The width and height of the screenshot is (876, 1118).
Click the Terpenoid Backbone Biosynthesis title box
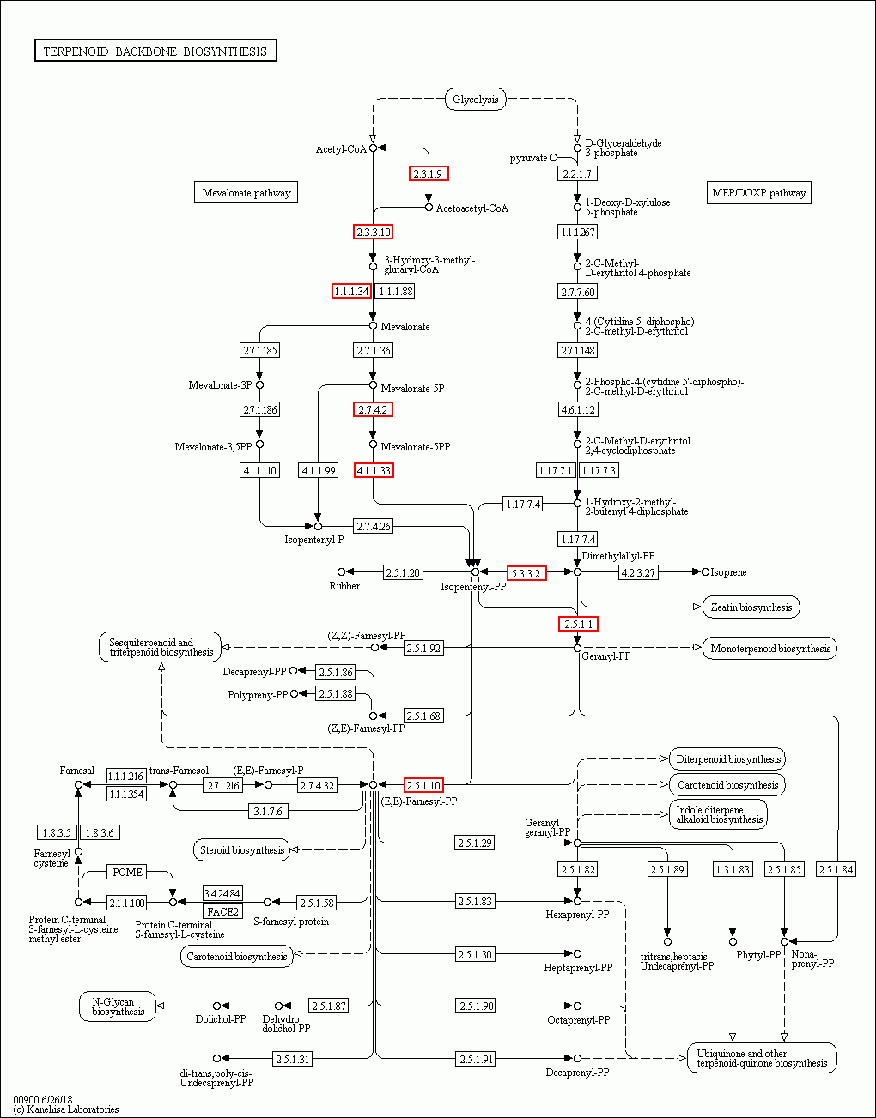click(x=155, y=51)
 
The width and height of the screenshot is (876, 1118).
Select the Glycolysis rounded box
click(x=475, y=100)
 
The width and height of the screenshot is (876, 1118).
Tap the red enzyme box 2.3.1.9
click(x=428, y=174)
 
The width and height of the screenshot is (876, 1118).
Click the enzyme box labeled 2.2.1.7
click(x=576, y=174)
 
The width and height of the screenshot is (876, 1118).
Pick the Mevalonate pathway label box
click(x=246, y=193)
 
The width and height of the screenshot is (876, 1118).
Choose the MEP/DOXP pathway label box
click(x=759, y=193)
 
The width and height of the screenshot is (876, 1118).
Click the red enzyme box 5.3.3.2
click(x=526, y=573)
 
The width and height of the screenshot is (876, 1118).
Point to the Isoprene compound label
click(x=728, y=572)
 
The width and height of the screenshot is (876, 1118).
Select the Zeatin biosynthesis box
click(x=751, y=607)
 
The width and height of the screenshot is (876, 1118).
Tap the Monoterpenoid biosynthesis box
click(x=770, y=649)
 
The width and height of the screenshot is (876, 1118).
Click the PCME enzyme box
click(x=127, y=873)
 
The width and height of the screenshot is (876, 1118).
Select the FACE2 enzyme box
click(x=222, y=911)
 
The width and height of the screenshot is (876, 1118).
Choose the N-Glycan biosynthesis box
click(x=118, y=1006)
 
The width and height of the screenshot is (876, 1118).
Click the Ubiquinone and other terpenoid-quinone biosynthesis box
click(x=762, y=1059)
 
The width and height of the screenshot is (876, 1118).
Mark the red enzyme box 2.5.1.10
click(x=423, y=785)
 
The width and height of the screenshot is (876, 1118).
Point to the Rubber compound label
click(x=344, y=586)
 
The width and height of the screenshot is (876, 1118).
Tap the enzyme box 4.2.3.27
click(x=638, y=572)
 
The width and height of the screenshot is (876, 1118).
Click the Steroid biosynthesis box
click(x=242, y=850)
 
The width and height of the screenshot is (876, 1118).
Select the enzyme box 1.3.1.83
click(x=733, y=870)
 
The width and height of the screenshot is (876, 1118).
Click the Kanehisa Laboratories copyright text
click(x=66, y=1109)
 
